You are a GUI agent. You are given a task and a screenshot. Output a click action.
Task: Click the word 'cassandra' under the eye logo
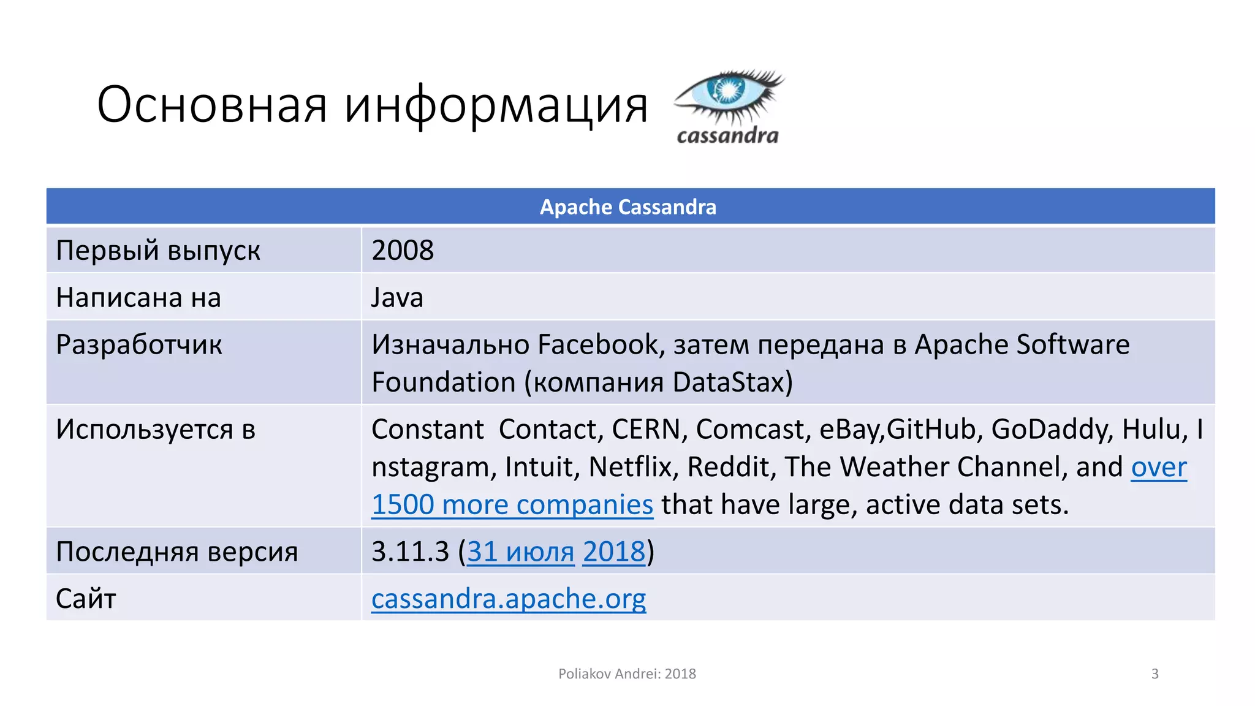point(727,135)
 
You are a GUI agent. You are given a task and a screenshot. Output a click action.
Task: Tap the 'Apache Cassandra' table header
point(627,207)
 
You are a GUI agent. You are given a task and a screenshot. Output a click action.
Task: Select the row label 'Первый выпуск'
point(158,251)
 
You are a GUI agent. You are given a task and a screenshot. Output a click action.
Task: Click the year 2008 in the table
point(403,251)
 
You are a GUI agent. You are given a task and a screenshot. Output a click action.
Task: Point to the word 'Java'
point(397,298)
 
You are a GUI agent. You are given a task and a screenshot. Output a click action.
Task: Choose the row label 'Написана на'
point(138,298)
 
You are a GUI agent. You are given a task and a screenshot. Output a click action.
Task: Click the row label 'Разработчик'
point(139,345)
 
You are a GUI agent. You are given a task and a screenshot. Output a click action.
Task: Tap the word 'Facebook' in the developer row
point(601,345)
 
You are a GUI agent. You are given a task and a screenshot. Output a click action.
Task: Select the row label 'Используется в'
point(156,430)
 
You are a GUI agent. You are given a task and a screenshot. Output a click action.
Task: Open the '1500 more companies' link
point(512,505)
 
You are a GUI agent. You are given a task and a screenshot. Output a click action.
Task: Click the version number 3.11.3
point(410,552)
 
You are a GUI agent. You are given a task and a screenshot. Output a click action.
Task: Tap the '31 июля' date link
point(521,552)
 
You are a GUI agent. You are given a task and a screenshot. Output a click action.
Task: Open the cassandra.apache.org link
point(509,599)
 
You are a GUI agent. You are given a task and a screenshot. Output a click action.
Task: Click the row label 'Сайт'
point(86,599)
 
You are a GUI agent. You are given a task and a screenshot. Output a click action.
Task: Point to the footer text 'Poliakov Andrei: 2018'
point(627,674)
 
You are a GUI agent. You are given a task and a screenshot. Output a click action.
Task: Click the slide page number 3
point(1155,674)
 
